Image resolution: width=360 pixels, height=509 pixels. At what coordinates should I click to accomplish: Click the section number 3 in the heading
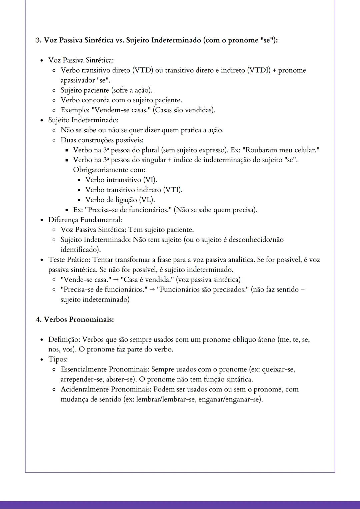pyautogui.click(x=38, y=40)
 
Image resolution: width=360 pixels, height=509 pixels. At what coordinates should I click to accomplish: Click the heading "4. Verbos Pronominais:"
pyautogui.click(x=75, y=319)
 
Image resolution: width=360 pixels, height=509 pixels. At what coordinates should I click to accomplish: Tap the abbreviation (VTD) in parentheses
pyautogui.click(x=143, y=70)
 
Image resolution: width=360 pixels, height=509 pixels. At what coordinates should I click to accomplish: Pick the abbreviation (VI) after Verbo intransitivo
pyautogui.click(x=150, y=180)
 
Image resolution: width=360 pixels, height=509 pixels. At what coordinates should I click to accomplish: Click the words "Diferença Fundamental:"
pyautogui.click(x=85, y=220)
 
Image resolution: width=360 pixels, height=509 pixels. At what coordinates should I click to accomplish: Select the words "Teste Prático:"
pyautogui.click(x=69, y=259)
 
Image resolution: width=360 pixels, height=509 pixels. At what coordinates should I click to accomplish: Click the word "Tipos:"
pyautogui.click(x=58, y=359)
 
